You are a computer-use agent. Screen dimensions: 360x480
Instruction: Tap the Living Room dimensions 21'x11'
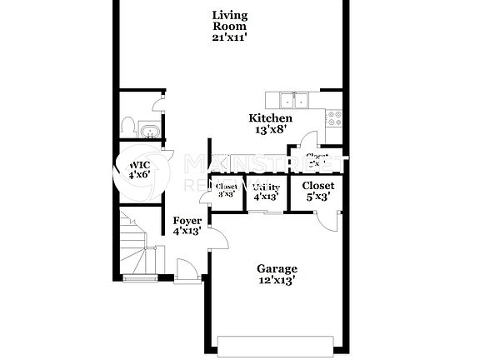coord(229,37)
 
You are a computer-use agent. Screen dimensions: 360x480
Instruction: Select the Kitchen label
coord(271,118)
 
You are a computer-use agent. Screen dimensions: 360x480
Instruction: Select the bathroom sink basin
coord(151,131)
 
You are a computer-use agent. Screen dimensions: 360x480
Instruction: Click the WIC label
coord(138,164)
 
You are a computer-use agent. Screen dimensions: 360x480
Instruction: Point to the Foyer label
coord(187,222)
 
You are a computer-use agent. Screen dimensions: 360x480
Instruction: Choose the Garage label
coord(277,268)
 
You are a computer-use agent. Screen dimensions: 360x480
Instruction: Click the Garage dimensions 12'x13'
coord(277,281)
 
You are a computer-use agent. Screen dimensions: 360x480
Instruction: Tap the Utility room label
coord(266,187)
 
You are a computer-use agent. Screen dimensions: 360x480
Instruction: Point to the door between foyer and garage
coord(220,239)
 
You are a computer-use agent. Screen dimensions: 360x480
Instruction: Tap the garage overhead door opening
coord(277,342)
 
